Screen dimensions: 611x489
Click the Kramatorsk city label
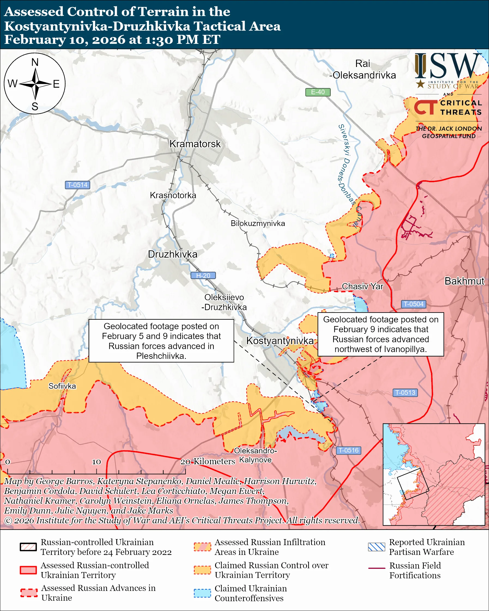point(195,144)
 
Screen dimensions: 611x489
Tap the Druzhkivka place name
point(173,254)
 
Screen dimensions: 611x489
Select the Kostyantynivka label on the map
point(280,341)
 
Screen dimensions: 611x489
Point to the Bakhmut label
point(464,281)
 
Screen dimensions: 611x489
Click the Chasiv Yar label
point(362,286)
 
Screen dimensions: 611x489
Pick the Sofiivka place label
point(62,386)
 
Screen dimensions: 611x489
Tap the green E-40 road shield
point(317,92)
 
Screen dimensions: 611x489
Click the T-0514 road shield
point(77,185)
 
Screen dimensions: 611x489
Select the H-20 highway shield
point(203,276)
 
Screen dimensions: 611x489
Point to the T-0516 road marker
point(348,450)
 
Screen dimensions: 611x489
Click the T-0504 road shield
point(413,304)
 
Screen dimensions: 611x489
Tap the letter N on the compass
point(35,62)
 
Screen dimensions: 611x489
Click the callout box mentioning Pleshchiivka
point(161,341)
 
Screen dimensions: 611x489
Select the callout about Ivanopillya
point(380,334)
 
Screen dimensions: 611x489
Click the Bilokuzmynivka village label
point(258,223)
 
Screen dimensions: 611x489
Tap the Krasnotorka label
point(173,195)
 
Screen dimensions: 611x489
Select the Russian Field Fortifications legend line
point(376,568)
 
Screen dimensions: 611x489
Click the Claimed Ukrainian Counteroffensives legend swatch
point(202,593)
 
